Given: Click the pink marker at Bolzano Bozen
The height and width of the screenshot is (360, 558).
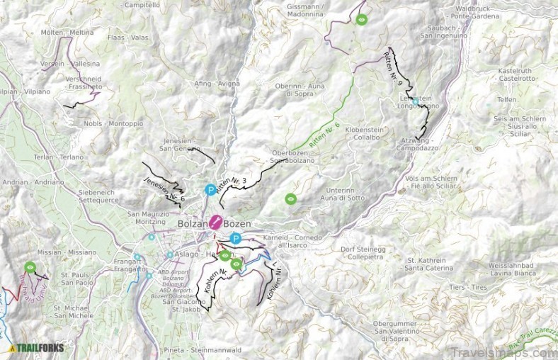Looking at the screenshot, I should pos(216,223).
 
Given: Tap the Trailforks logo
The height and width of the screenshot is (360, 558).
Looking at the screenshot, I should pos(37,348).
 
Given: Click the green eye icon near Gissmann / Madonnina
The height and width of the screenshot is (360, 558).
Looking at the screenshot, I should pos(362,19).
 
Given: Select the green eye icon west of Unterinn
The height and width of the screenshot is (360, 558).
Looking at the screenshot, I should pos(290,199).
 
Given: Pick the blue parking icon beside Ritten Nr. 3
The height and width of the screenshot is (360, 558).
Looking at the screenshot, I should pos(210,190).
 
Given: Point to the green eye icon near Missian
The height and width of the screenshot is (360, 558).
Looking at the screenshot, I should pos(30,267).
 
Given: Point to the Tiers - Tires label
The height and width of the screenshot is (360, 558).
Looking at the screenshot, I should pos(468,288).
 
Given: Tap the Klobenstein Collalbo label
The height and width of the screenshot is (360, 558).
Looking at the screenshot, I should pos(361,134).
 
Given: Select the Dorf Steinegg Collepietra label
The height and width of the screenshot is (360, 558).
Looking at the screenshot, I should pos(364,252).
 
